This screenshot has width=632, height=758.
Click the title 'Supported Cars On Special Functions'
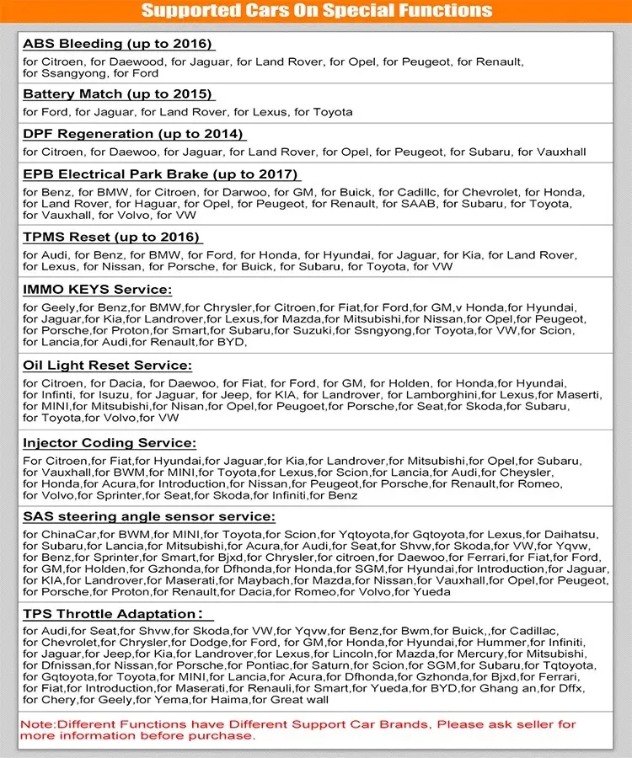tap(316, 11)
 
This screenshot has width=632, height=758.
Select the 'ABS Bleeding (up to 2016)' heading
tap(117, 44)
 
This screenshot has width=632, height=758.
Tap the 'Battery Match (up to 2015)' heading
tap(117, 93)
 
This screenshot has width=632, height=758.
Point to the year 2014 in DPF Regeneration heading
tap(222, 133)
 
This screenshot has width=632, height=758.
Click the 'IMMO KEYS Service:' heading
tap(97, 289)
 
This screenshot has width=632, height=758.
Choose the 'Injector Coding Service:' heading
tap(110, 442)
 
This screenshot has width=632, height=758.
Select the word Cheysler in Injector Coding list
tap(544, 472)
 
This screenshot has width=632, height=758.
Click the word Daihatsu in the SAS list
tap(573, 535)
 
